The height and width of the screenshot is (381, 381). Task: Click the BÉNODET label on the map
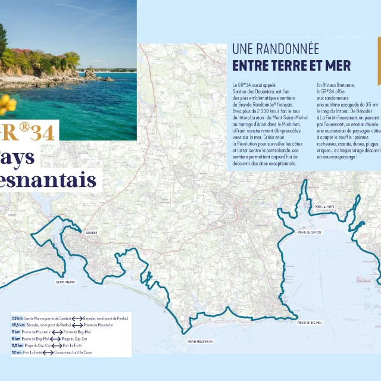pos(91,232)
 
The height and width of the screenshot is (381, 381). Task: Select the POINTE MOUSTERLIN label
pos(200,341)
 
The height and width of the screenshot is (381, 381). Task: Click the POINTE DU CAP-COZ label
pos(310,232)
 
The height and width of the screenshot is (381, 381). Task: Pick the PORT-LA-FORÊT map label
pos(324,207)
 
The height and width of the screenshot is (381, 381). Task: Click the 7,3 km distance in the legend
pos(17,319)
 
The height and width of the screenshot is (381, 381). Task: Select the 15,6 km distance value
pos(18,326)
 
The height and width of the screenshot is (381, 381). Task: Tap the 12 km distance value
pos(17,352)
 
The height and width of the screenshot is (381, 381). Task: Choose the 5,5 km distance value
pos(17,346)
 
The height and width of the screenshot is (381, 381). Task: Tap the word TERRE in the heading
pos(288,65)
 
